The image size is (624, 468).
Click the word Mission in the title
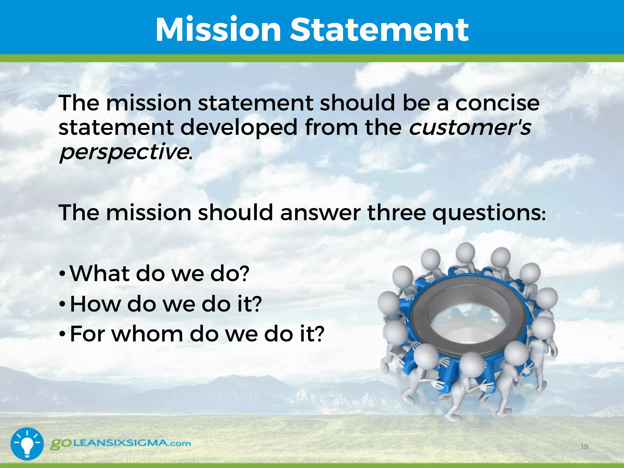pyautogui.click(x=218, y=30)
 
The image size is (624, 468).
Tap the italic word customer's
pyautogui.click(x=470, y=127)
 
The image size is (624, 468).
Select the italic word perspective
pyautogui.click(x=124, y=152)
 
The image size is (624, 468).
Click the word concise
pyautogui.click(x=497, y=103)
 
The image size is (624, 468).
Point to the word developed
pyautogui.click(x=239, y=127)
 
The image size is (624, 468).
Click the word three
pyautogui.click(x=396, y=212)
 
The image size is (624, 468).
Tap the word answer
pyautogui.click(x=320, y=212)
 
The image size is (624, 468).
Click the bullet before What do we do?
pyautogui.click(x=62, y=274)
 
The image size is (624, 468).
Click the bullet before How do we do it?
pyautogui.click(x=62, y=304)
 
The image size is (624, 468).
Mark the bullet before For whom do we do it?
pyautogui.click(x=62, y=334)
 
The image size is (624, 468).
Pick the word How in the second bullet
pyautogui.click(x=95, y=304)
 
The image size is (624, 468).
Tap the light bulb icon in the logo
pyautogui.click(x=27, y=443)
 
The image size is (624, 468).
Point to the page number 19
pyautogui.click(x=584, y=447)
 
